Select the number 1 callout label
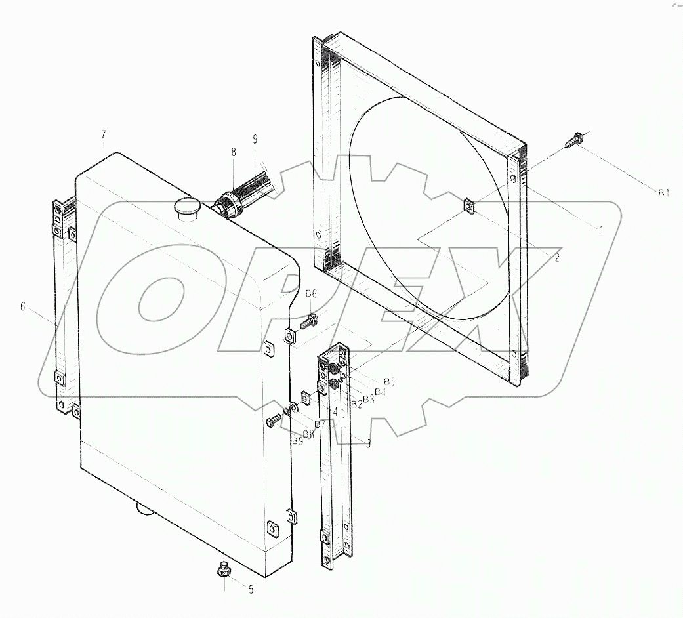[600, 230]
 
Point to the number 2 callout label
[556, 258]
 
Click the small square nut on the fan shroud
[469, 207]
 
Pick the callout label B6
[311, 293]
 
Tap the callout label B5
[389, 382]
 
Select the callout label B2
[356, 404]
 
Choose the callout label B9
[298, 442]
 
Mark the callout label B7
[320, 424]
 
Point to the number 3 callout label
[368, 444]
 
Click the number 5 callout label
[250, 590]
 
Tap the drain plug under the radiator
[224, 569]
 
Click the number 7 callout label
[104, 134]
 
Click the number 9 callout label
[255, 139]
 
